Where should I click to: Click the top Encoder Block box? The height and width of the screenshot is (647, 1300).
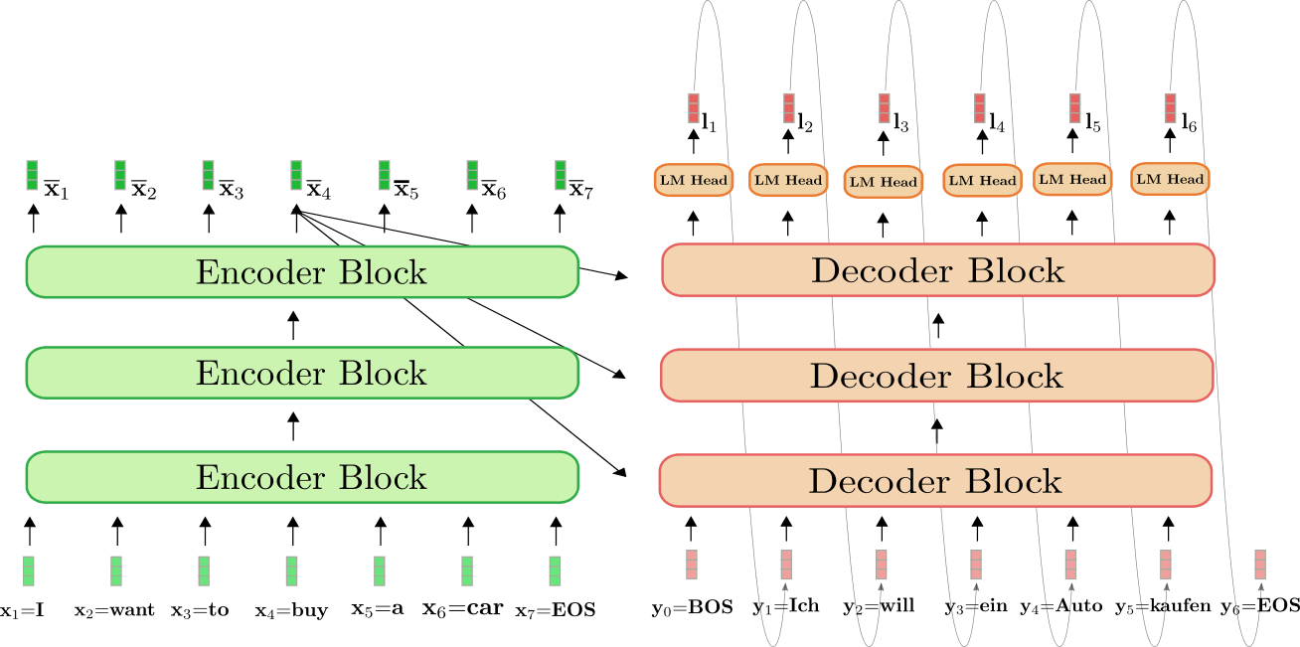[302, 271]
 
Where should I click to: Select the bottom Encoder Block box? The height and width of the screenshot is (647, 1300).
[302, 477]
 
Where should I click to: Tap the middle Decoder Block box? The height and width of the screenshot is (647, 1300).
[936, 376]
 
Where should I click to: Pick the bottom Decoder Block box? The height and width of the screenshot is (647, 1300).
[935, 481]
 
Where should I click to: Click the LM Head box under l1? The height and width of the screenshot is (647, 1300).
[694, 180]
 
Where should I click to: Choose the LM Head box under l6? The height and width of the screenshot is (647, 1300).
[1170, 179]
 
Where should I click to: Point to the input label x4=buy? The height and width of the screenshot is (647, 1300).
[291, 611]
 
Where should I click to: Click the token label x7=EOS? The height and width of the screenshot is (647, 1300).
[556, 610]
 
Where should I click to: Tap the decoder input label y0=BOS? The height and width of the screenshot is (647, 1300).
[693, 607]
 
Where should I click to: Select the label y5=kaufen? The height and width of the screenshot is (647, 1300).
[1163, 607]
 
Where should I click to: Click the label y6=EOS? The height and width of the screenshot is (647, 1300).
[1260, 607]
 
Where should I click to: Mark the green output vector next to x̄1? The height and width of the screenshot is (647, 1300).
[33, 175]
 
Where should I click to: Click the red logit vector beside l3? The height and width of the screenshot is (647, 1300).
[884, 108]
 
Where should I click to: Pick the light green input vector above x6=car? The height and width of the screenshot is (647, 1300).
[467, 571]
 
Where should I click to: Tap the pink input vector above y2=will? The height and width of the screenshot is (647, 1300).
[881, 565]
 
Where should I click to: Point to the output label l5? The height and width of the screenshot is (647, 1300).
[1093, 122]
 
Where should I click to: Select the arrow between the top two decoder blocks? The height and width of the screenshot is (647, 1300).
[938, 326]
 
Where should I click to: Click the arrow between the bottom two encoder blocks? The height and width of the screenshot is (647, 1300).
[293, 426]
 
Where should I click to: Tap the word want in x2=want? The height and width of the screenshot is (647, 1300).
[132, 610]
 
